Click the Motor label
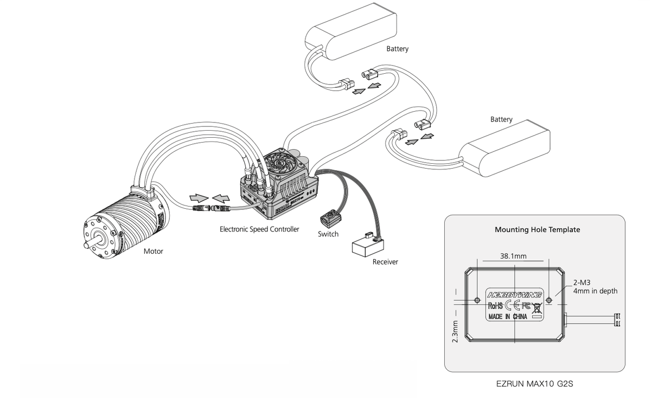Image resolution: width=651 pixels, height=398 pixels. click(153, 251)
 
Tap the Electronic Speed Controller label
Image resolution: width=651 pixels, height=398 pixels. click(259, 229)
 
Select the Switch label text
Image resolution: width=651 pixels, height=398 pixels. click(328, 234)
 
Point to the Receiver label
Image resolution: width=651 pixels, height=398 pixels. click(385, 262)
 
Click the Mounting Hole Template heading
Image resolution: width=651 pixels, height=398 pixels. click(538, 229)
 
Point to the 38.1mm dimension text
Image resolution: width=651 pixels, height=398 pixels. click(513, 256)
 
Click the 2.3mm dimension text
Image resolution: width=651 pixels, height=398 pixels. click(455, 331)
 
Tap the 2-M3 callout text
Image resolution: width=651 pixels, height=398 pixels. click(582, 283)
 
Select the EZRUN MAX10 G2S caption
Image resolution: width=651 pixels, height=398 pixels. click(535, 384)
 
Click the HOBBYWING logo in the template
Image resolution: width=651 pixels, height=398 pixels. click(515, 295)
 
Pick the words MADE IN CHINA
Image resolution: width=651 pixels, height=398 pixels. click(508, 316)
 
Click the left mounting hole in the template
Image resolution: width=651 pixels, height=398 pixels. click(477, 300)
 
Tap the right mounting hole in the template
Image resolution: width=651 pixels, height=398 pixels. click(548, 300)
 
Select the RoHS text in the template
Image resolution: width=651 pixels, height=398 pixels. click(495, 306)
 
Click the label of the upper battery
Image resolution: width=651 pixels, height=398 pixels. click(397, 49)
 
